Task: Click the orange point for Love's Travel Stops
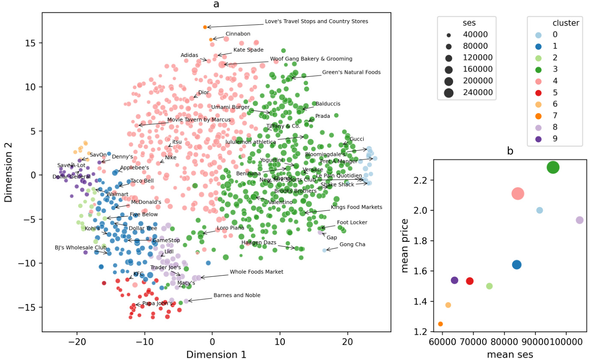(205, 27)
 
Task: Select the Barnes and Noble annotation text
(237, 295)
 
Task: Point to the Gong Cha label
(352, 244)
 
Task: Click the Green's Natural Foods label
(351, 72)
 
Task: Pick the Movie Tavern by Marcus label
(199, 120)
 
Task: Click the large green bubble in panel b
(553, 168)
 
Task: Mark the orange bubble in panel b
(440, 324)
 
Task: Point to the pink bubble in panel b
(518, 194)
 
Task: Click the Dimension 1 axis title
(216, 354)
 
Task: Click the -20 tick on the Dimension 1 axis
(77, 343)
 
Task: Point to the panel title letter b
(510, 151)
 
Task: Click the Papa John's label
(157, 303)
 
